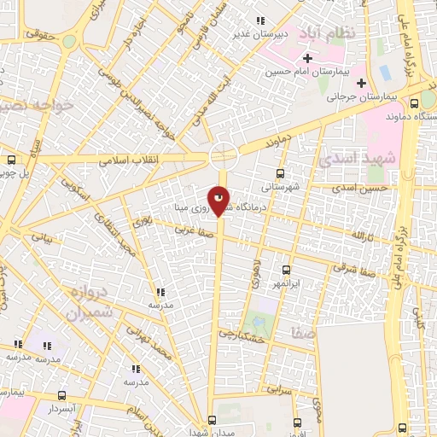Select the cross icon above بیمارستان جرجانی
click(x=362, y=84)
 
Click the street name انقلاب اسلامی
click(x=124, y=159)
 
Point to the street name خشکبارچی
click(x=240, y=335)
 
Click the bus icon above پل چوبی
click(x=11, y=159)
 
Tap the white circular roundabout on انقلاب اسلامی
click(x=224, y=155)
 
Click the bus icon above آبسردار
click(x=61, y=396)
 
